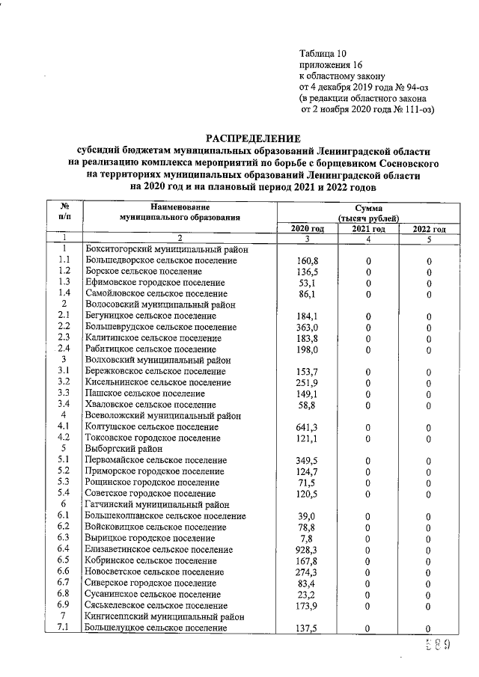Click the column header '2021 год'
368,229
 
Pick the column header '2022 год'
429,229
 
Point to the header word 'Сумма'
367,206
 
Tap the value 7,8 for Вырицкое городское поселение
307,538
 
